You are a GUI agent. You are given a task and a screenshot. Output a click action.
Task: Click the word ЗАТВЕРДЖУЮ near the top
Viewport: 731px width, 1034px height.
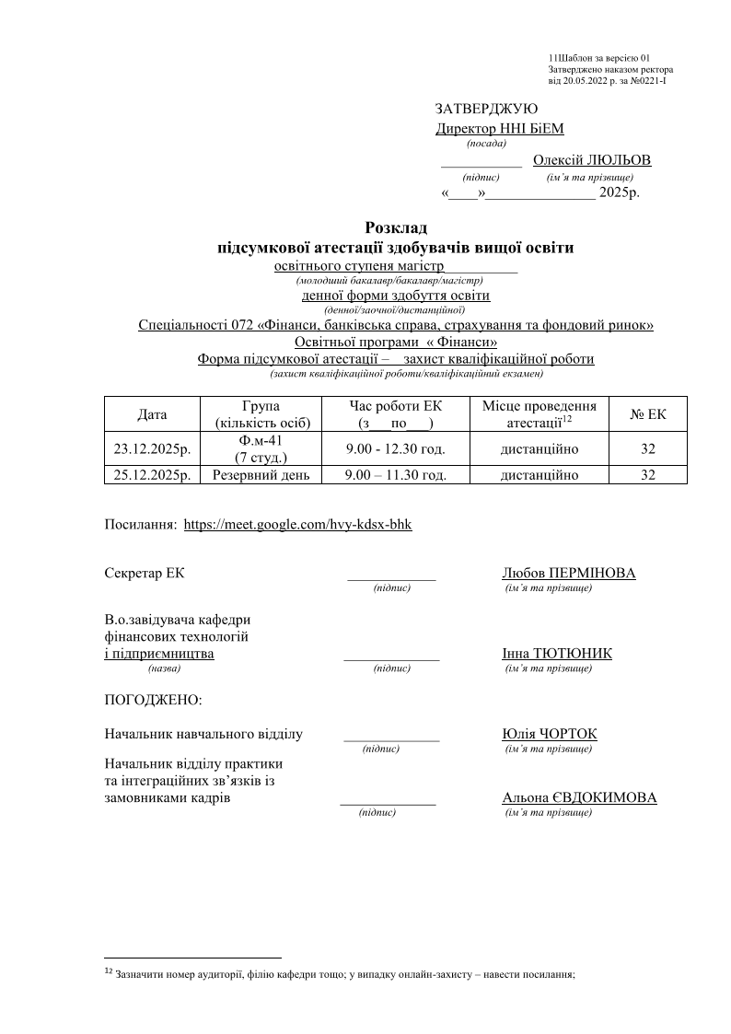486,109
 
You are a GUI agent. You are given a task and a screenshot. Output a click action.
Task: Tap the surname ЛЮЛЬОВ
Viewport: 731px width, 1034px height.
621,160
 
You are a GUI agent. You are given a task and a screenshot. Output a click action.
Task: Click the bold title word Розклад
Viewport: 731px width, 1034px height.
396,227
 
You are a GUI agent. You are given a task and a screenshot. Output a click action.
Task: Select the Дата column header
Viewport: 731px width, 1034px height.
152,414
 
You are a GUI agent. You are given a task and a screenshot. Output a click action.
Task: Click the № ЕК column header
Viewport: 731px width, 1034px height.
648,414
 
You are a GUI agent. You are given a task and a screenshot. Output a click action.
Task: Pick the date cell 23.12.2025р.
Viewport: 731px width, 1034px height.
152,450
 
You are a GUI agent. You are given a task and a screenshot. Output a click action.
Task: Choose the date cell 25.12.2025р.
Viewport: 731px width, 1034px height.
152,475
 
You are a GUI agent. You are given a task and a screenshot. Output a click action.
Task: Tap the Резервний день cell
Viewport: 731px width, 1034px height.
261,475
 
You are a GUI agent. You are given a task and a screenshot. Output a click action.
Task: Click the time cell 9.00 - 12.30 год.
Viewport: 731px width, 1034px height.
396,450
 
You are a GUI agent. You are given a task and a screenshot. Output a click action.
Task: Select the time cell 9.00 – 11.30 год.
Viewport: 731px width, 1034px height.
396,475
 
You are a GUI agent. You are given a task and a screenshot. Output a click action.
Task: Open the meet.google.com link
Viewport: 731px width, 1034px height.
298,524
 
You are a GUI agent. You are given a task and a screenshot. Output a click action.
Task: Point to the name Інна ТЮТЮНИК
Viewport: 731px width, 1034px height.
557,654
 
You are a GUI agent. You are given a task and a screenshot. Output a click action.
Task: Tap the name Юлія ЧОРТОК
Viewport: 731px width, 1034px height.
550,734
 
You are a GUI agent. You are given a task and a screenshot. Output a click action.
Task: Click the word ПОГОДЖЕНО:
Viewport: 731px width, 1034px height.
154,700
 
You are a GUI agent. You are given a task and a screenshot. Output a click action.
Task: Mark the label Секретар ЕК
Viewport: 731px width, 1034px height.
145,574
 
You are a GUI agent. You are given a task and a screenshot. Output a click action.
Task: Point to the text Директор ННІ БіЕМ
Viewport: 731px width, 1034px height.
499,129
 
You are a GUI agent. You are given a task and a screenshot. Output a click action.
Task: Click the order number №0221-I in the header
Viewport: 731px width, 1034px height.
644,81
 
